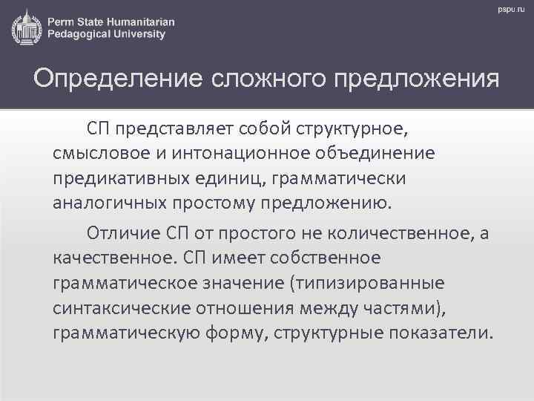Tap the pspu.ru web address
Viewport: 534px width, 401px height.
point(511,10)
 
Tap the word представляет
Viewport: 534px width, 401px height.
point(174,129)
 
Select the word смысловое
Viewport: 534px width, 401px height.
point(102,154)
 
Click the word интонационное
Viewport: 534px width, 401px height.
point(241,154)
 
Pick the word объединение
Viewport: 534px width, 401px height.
point(375,153)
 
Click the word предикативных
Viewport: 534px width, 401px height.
point(121,179)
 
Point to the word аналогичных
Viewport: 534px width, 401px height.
point(110,203)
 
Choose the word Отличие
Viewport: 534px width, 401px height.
point(124,233)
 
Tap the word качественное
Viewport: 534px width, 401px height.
point(116,258)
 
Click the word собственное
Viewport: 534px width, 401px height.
point(326,258)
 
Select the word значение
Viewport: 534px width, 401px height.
point(243,284)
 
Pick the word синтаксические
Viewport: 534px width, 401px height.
point(122,308)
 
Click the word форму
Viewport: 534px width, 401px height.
point(234,333)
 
